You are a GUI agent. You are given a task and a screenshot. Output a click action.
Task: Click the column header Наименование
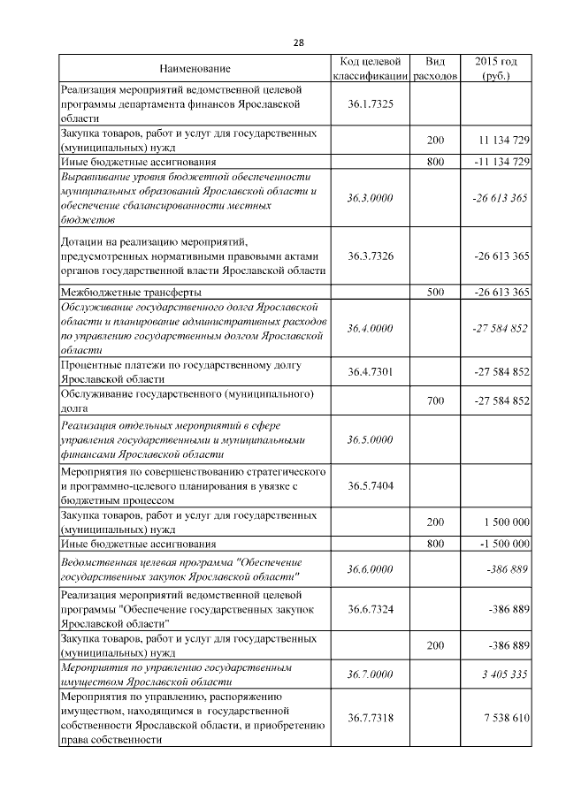point(195,69)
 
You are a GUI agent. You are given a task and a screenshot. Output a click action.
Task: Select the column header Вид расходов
point(435,69)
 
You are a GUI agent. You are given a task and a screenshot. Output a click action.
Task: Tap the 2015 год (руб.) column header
point(496,69)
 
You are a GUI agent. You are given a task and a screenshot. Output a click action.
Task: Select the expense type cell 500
point(435,292)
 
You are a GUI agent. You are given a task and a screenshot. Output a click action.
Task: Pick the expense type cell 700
point(435,400)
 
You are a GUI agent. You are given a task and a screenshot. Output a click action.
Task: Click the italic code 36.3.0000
point(371,198)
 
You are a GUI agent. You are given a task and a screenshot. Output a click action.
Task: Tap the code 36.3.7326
point(371,255)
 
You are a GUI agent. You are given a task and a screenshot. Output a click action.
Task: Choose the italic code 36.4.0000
point(371,328)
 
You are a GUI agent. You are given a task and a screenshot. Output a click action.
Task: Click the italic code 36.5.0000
point(371,438)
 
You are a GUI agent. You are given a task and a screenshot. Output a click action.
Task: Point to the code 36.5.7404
point(371,485)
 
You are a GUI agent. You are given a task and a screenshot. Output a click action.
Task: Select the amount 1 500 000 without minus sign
point(503,522)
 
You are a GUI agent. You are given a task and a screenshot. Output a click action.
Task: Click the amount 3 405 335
point(506,674)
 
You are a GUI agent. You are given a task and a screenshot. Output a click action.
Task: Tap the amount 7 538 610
point(506,718)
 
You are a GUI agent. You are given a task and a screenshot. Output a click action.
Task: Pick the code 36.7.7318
point(371,718)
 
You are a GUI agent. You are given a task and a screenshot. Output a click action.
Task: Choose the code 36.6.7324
point(371,609)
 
